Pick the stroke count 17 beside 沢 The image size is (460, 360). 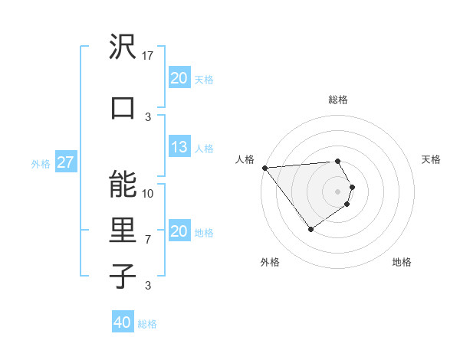pyautogui.click(x=149, y=56)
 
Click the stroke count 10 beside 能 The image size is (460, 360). pyautogui.click(x=149, y=193)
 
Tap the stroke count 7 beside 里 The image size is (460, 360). pyautogui.click(x=149, y=240)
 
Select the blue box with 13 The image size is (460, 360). pyautogui.click(x=179, y=147)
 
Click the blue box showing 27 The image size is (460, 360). pyautogui.click(x=66, y=162)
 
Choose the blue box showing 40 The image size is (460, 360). pyautogui.click(x=122, y=322)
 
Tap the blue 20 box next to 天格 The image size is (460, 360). pyautogui.click(x=179, y=77)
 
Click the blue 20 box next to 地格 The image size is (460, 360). pyautogui.click(x=179, y=231)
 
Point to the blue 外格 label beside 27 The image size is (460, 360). pyautogui.click(x=41, y=163)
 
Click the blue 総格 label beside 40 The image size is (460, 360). pyautogui.click(x=147, y=324)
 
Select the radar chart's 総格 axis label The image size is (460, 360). pyautogui.click(x=338, y=100)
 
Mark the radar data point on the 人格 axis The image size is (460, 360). pyautogui.click(x=264, y=168)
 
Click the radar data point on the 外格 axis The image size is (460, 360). pyautogui.click(x=311, y=229)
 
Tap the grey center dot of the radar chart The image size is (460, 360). pyautogui.click(x=338, y=191)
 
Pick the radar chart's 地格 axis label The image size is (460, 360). pyautogui.click(x=402, y=262)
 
